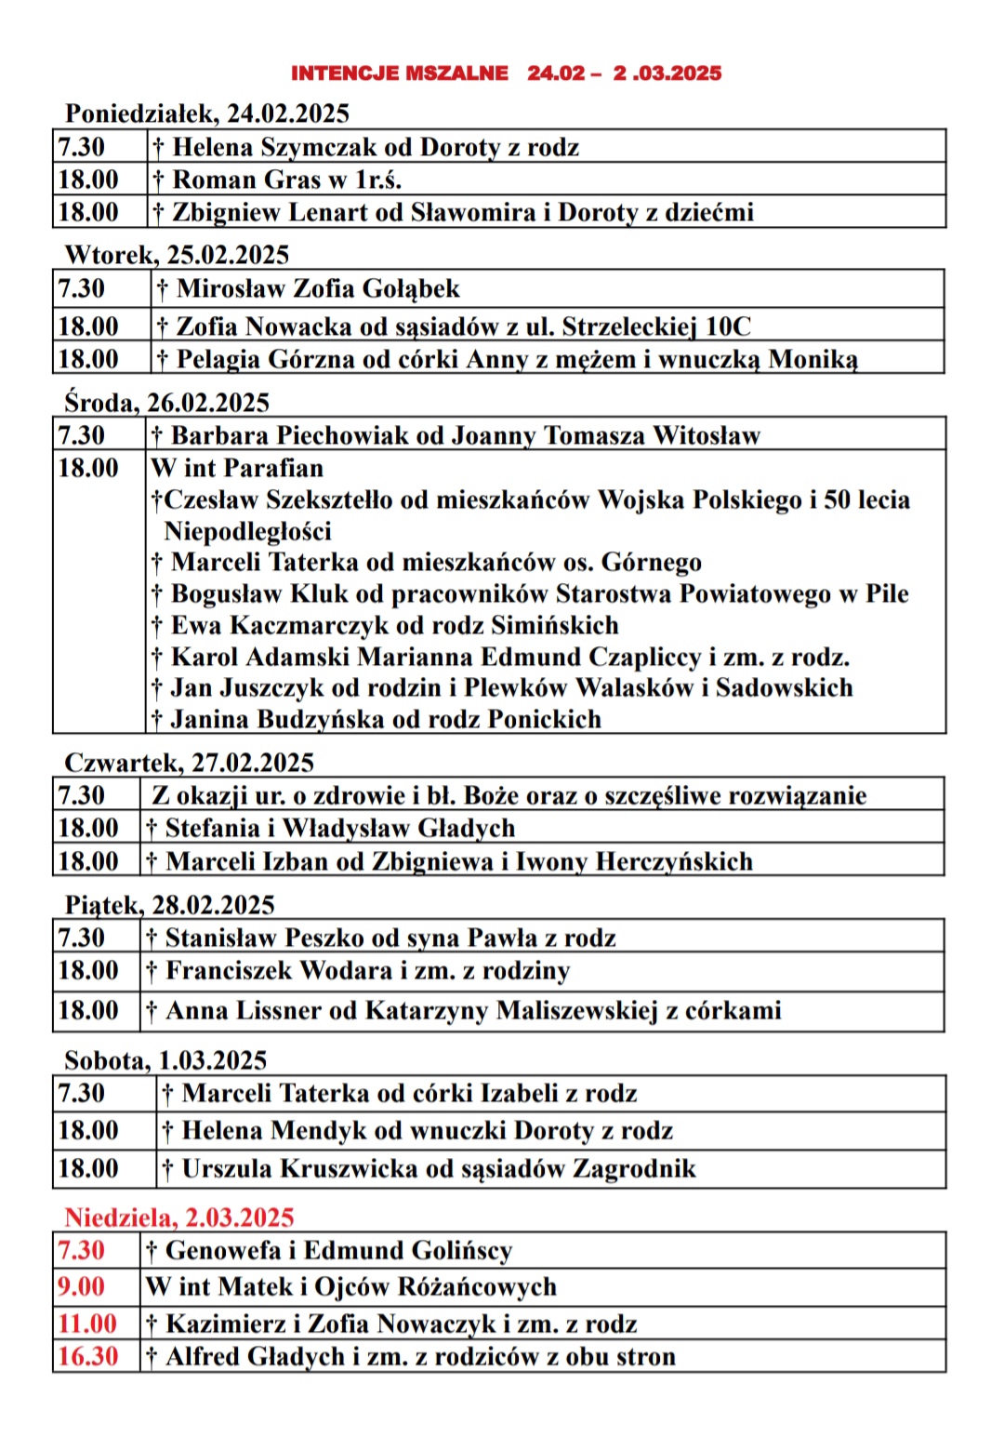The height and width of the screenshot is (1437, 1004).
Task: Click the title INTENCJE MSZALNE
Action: pyautogui.click(x=400, y=73)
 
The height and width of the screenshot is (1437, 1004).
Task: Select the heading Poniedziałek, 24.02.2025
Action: pyautogui.click(x=206, y=113)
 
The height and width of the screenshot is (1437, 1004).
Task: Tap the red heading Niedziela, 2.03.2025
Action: pyautogui.click(x=178, y=1217)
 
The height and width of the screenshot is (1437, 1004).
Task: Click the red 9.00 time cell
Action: pyautogui.click(x=82, y=1287)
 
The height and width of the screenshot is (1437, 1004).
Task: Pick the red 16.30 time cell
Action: pyautogui.click(x=87, y=1357)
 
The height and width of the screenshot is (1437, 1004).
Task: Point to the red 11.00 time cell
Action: pyautogui.click(x=87, y=1324)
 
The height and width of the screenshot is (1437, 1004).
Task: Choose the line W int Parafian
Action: pyautogui.click(x=237, y=468)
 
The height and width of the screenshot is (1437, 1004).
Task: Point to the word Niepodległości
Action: pyautogui.click(x=247, y=531)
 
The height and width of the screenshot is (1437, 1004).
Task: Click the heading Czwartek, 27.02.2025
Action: pyautogui.click(x=189, y=763)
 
